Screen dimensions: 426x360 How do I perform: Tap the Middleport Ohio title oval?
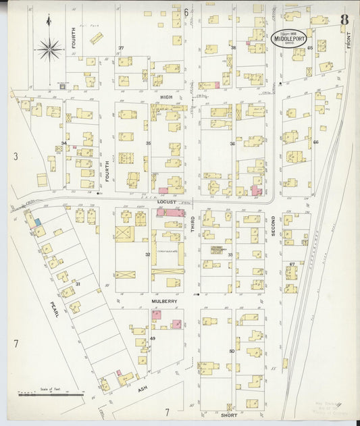tap(289, 39)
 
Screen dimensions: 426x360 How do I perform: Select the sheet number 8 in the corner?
tap(344, 18)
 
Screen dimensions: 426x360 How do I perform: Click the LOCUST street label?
tap(166, 202)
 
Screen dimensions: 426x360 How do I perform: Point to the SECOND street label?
tap(273, 224)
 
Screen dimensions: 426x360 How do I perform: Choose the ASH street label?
tap(142, 390)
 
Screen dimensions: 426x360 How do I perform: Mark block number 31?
tap(78, 284)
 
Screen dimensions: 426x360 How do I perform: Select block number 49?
tap(153, 338)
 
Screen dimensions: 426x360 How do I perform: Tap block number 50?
tap(232, 351)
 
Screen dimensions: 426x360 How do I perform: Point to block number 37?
tap(121, 48)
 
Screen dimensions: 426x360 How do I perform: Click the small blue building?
tap(38, 221)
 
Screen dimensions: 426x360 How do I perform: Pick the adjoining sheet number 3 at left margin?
tap(15, 157)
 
